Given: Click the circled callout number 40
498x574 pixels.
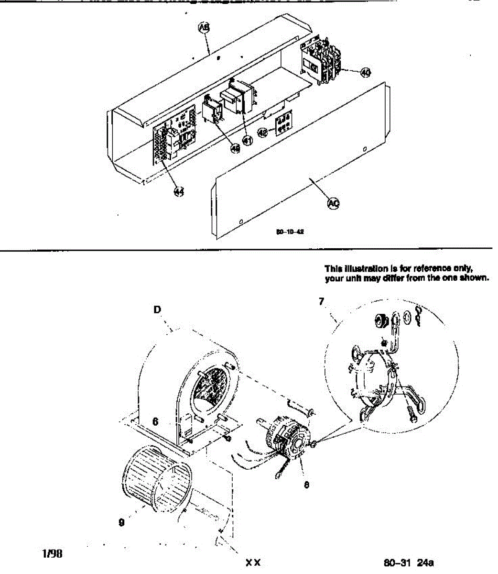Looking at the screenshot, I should (x=366, y=72).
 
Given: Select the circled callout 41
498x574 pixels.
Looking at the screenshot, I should (x=247, y=141).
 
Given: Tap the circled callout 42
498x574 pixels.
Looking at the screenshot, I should (x=262, y=132).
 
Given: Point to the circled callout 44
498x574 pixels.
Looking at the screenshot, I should (x=179, y=191).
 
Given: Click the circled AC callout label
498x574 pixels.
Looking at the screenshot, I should (x=333, y=203).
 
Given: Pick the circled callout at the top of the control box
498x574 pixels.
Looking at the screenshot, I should (x=204, y=28).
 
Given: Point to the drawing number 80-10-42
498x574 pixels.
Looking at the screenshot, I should (x=290, y=232).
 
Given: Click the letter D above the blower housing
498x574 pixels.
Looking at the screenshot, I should (x=157, y=310).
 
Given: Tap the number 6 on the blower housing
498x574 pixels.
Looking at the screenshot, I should (x=155, y=421).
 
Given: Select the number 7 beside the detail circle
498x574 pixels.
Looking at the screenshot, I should (x=322, y=301).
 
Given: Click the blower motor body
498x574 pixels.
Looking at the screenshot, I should (x=287, y=438).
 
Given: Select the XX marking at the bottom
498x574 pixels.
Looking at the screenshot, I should (x=253, y=563).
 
